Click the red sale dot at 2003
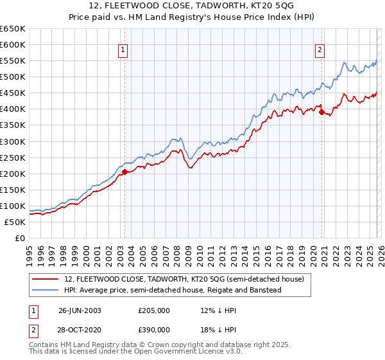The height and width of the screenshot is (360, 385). point(125,172)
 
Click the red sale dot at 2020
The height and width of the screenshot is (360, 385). point(321,112)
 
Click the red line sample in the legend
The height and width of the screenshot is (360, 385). point(46,279)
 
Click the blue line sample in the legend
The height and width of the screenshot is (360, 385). point(46,290)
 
